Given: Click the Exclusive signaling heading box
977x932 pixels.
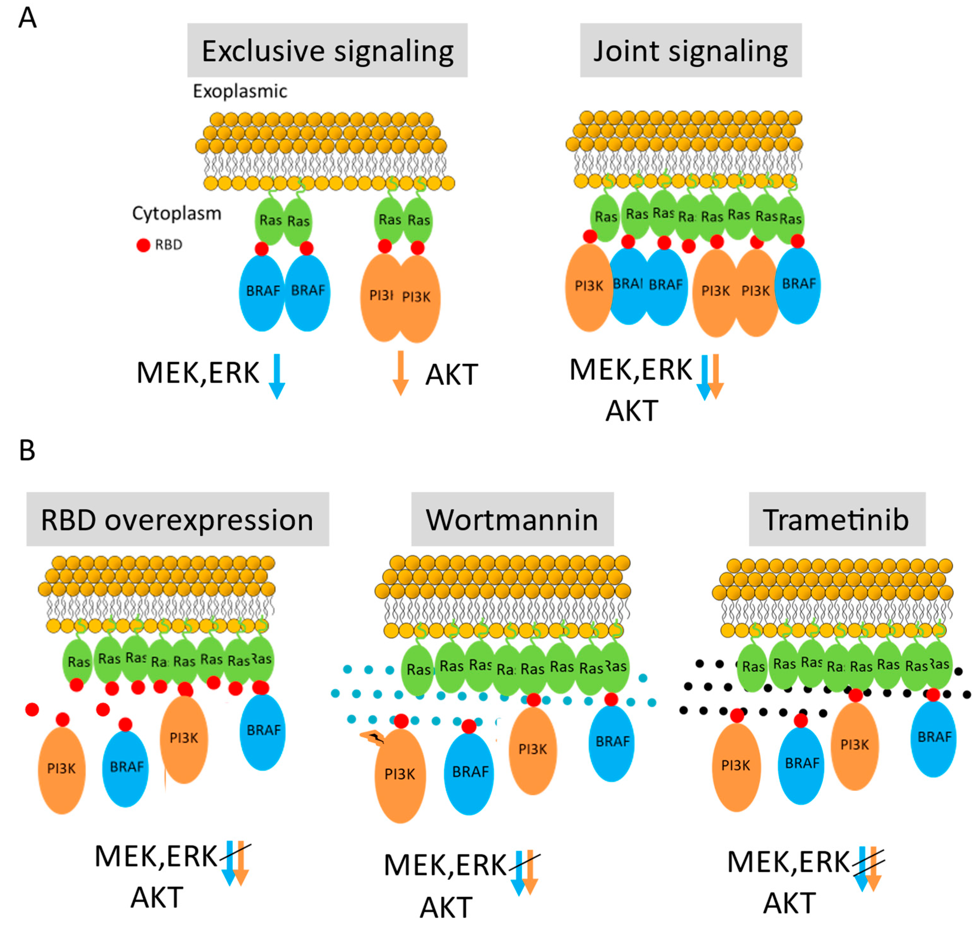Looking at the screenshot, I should pos(327,50).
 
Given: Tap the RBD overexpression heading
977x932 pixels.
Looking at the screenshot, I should pos(177,519).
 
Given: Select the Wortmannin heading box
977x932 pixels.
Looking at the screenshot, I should pos(512,519).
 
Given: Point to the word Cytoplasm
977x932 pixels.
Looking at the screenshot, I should pos(176,213).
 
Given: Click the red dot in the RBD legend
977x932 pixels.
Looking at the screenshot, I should pos(143,245).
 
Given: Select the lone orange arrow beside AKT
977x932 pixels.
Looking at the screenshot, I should pos(400,373).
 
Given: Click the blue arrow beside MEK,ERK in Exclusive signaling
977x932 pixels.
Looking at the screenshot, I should pos(277,376).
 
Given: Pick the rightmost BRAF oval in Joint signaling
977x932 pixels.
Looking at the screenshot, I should pos(797,285).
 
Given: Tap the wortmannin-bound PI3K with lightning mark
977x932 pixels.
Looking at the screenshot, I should pos(400,775).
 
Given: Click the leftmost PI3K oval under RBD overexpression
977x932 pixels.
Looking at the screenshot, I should pos(62,769).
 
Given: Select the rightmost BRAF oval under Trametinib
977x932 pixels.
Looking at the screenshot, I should pos(933,738).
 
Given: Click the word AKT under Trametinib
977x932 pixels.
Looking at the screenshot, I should pos(789,903).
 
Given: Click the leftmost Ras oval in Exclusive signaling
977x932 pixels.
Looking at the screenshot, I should pos(269,220).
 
